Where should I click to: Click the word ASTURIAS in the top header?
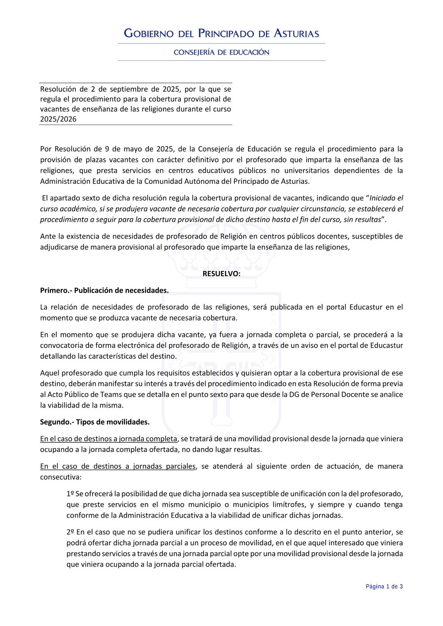(296, 34)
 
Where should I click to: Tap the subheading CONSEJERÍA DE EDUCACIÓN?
(221, 52)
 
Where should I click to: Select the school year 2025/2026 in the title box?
(58, 119)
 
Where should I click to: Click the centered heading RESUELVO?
(221, 274)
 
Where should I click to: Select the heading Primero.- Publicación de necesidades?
(104, 290)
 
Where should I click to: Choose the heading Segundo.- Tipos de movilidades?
(95, 422)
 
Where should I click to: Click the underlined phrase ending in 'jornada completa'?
(109, 439)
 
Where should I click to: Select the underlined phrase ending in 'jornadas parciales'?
(118, 466)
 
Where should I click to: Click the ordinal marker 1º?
(70, 494)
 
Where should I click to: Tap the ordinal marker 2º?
(70, 532)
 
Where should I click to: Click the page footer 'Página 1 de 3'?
(384, 587)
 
